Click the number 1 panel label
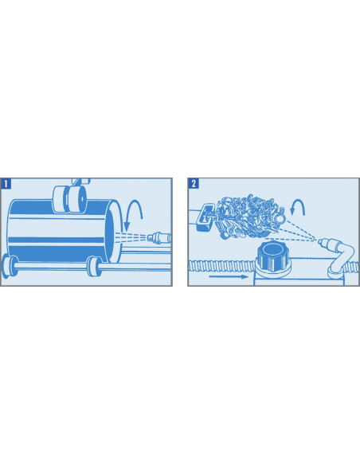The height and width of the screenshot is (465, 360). [7, 183]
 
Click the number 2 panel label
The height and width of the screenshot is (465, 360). [194, 183]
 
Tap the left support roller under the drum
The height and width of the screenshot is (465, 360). [11, 264]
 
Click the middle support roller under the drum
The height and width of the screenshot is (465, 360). [94, 268]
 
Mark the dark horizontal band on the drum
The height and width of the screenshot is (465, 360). [56, 237]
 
